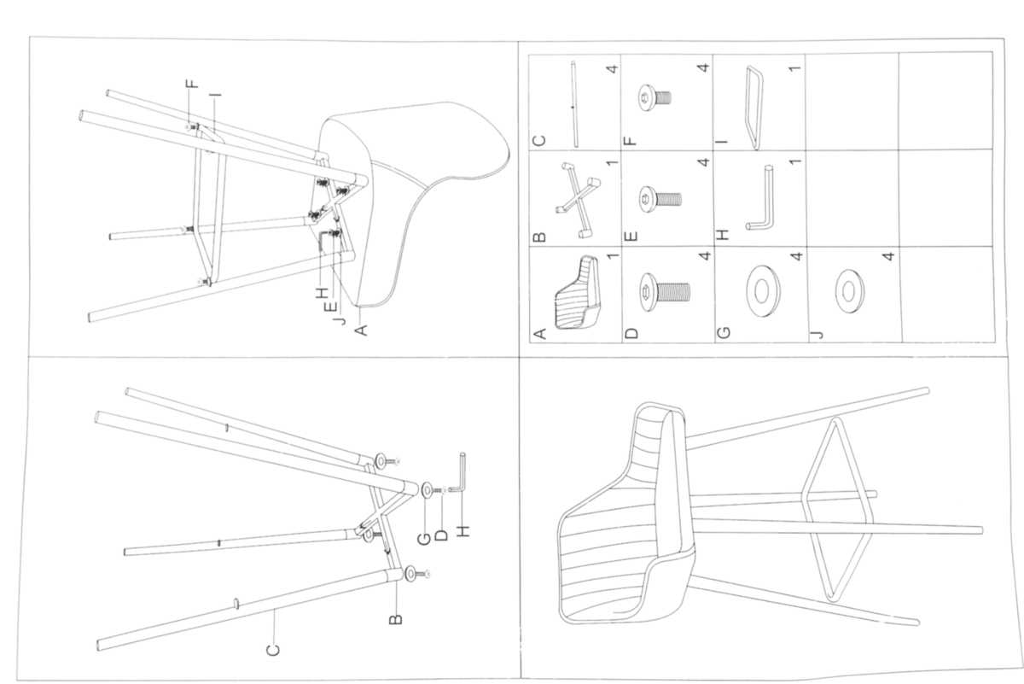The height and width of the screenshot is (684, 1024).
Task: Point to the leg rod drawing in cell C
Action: (x=573, y=102)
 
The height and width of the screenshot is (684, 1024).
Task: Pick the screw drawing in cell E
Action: (x=662, y=199)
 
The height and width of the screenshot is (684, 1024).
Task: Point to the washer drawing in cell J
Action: (x=849, y=290)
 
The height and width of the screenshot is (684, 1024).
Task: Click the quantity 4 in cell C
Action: (x=611, y=67)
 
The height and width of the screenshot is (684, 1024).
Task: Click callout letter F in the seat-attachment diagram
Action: (x=192, y=84)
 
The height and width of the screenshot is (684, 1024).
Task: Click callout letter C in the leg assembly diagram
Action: (x=273, y=651)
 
